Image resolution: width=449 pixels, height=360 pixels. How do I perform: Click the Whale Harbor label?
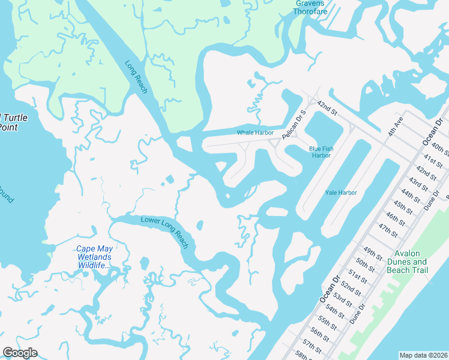[255, 133]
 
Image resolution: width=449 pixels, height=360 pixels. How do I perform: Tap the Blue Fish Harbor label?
[320, 152]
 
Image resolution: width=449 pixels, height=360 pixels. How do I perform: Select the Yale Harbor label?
[341, 193]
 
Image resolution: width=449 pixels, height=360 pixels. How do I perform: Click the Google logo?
[20, 353]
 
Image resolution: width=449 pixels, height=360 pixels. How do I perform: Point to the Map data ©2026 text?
[423, 355]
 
